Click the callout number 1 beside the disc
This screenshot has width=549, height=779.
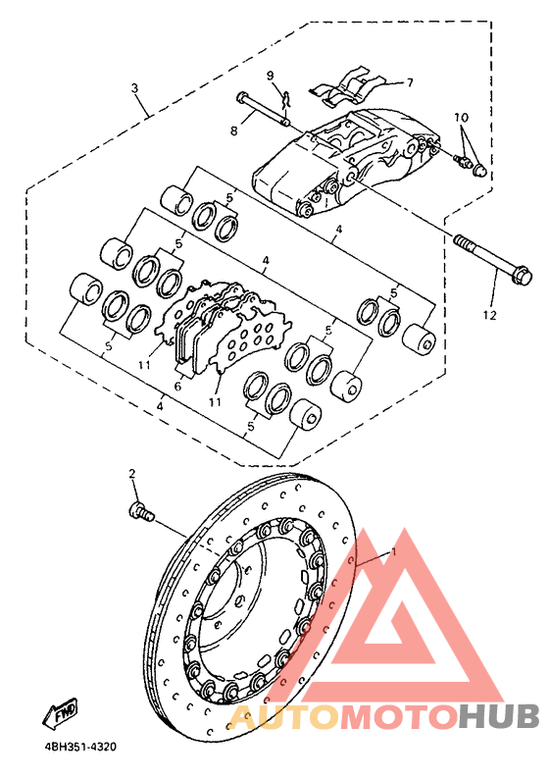pos(394,552)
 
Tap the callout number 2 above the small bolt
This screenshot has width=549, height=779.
pos(131,475)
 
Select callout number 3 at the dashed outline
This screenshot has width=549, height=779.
pos(134,88)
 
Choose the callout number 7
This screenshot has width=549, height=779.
pos(410,82)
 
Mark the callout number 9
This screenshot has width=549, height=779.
pos(270,76)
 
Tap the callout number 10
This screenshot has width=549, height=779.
pos(461,118)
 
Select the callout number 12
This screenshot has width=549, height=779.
pos(489,315)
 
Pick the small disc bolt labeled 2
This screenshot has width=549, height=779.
pos(142,510)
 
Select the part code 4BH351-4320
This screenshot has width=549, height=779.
pos(80,747)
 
